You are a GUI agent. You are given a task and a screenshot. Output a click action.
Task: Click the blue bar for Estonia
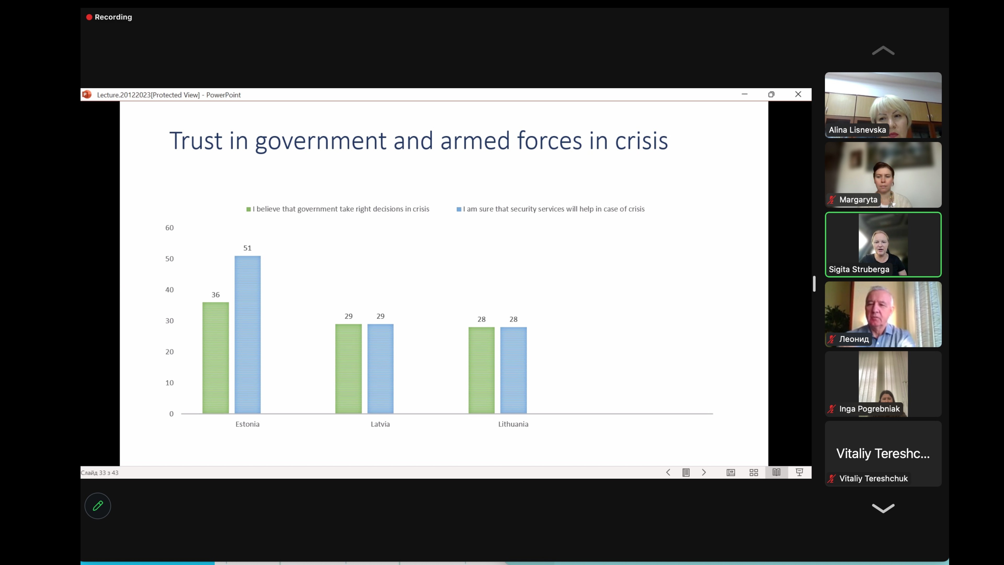tap(248, 335)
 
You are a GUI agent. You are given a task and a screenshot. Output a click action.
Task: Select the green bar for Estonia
tap(215, 358)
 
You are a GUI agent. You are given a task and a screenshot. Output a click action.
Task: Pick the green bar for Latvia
tap(349, 369)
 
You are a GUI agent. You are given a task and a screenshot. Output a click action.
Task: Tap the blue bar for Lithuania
tap(513, 370)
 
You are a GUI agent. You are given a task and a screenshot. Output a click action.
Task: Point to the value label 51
tap(248, 248)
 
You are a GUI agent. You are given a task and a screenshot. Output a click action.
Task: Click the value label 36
tap(215, 295)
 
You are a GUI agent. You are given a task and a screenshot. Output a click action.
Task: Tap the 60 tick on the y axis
tap(169, 228)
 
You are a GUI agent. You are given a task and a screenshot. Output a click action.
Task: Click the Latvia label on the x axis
tap(380, 424)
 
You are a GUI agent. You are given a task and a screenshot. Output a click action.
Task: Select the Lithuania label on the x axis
tap(513, 424)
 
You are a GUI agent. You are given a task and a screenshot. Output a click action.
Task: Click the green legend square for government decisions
tap(249, 209)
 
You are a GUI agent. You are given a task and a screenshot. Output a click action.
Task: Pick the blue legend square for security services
tap(459, 209)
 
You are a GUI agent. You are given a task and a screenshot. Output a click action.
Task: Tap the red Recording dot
tap(89, 17)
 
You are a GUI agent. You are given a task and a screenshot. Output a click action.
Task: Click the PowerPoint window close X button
tap(798, 94)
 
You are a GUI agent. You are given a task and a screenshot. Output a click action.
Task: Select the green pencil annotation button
tap(98, 506)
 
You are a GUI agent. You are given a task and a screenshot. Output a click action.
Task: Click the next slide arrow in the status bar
tap(704, 473)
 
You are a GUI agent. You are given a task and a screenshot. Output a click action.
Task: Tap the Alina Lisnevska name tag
tap(857, 130)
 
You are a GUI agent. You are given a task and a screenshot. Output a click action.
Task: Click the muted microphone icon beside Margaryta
tap(832, 200)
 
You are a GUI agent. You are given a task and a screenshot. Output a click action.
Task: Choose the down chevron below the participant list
tap(883, 508)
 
